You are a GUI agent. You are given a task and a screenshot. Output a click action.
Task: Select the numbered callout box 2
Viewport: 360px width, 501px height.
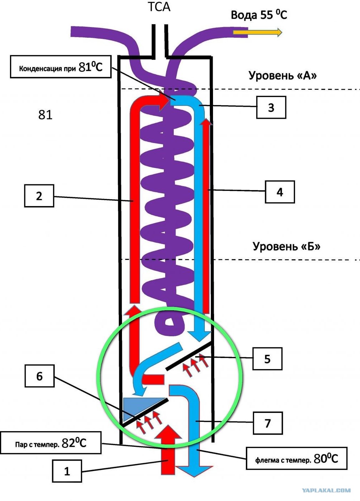coord(39,196)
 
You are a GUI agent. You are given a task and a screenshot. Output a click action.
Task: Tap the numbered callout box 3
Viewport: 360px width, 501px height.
coord(271,107)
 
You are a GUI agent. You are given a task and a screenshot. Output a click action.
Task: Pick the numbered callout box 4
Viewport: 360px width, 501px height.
coord(280,192)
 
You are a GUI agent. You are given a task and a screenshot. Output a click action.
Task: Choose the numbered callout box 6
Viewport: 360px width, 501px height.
coord(40,376)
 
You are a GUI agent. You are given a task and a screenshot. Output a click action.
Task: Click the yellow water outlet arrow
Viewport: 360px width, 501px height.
coord(258,32)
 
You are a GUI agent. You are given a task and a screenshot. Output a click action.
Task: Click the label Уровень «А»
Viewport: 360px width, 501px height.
coord(283,76)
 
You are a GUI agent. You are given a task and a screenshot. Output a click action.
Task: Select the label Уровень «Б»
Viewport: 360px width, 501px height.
coord(287,246)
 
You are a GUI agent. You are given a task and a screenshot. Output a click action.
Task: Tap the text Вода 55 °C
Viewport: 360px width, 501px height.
coord(259,15)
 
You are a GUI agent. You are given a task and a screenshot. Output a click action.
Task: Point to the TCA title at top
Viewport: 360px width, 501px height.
coord(159,7)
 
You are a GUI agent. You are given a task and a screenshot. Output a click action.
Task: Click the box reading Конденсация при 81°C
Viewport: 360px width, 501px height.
coord(61,67)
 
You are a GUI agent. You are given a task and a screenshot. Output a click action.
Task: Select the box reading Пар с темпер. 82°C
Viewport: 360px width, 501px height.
coord(51,443)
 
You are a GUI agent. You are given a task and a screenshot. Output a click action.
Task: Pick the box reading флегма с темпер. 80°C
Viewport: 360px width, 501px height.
coord(297,458)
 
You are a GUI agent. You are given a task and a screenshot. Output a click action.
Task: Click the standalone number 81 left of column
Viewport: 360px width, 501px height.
coord(45,115)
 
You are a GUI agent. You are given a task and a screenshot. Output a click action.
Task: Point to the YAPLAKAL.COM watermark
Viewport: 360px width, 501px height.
coord(326,490)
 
